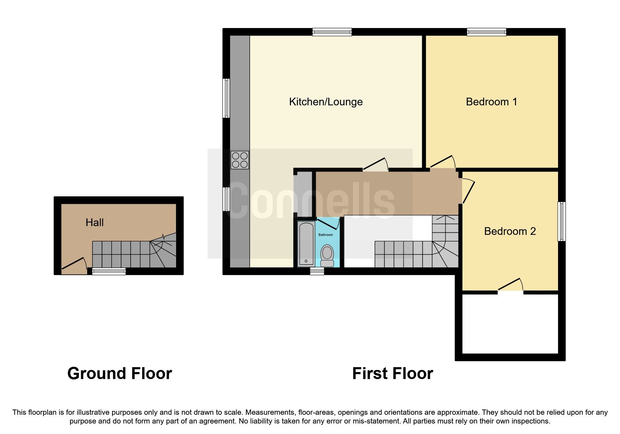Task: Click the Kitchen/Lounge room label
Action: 326,102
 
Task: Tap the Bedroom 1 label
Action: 491,102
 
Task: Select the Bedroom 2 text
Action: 510,231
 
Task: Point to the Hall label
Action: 95,223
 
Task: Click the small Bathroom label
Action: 326,235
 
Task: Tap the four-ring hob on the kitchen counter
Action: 240,160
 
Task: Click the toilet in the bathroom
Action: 327,256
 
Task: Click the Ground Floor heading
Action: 119,373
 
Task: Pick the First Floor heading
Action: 392,373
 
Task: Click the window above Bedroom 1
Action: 487,32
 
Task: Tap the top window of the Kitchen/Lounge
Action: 332,32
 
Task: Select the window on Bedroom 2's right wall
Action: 562,221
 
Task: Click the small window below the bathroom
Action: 317,271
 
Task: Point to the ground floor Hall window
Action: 109,271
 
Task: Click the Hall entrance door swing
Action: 74,265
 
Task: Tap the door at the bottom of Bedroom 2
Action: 510,285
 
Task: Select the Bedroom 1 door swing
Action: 443,162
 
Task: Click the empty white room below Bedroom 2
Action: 510,324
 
